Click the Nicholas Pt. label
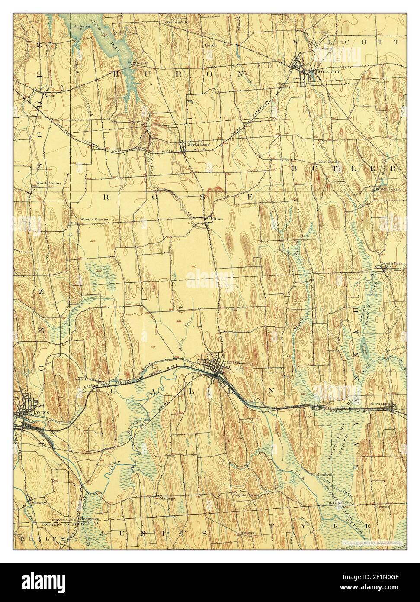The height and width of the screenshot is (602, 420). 81,28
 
